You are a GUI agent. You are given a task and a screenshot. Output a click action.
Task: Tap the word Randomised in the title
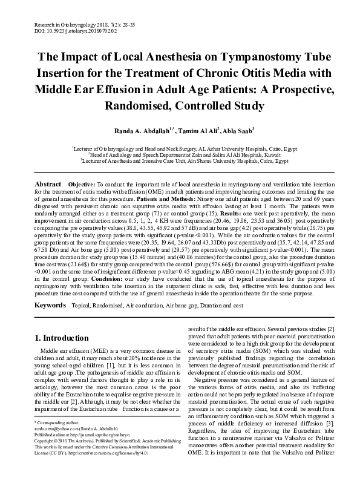point(114,106)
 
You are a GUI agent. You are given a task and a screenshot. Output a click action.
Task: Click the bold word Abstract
point(48,183)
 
